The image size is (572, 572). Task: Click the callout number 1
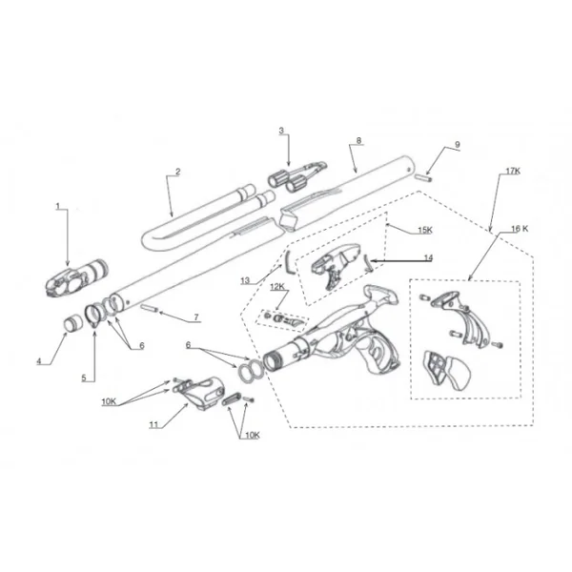coord(57,207)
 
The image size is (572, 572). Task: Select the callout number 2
coord(178,172)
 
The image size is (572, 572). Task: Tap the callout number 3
coord(281,131)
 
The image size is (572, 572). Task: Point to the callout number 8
coord(359,140)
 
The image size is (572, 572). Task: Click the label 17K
coord(513,171)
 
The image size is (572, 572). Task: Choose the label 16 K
coord(520,229)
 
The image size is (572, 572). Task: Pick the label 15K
coord(425,230)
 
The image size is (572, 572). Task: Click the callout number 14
coord(428,257)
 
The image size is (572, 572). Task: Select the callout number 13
coord(245,280)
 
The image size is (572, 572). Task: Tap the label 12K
coord(277,287)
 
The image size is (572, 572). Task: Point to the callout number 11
coord(153,424)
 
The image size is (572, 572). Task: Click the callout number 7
coord(196,317)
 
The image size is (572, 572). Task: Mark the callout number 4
coord(39,361)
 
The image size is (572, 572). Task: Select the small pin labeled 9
coord(424,177)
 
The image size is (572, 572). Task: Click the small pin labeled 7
coord(149,309)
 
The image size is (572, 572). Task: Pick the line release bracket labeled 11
coord(199,393)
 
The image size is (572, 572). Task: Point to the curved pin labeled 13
coord(289,261)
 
